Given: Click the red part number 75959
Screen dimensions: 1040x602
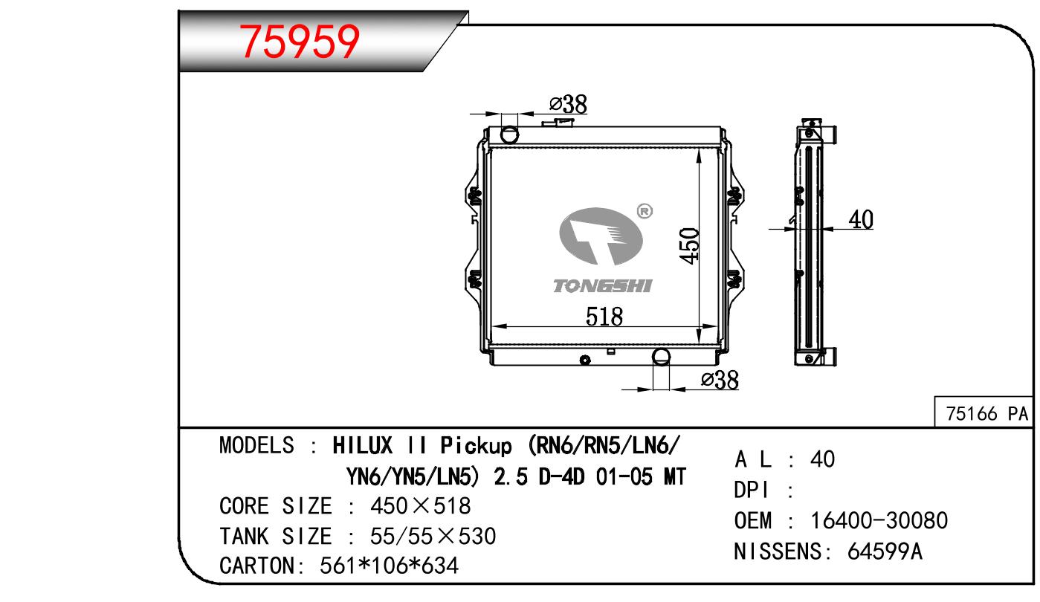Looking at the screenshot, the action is point(300,42).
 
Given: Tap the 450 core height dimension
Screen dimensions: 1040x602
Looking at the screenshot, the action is point(689,246).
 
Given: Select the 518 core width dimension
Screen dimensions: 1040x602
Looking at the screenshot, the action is point(604,317).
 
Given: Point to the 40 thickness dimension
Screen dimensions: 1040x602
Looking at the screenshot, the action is point(861,219).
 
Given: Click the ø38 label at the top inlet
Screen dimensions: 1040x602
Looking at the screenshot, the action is point(568,104).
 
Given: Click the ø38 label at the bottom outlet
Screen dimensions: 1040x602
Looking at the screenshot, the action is point(720,380).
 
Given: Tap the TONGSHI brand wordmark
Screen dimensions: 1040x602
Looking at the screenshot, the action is point(603,286).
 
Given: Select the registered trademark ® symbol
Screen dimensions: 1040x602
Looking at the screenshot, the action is point(645,212).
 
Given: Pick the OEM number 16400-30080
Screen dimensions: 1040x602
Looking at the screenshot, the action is point(879,520).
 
